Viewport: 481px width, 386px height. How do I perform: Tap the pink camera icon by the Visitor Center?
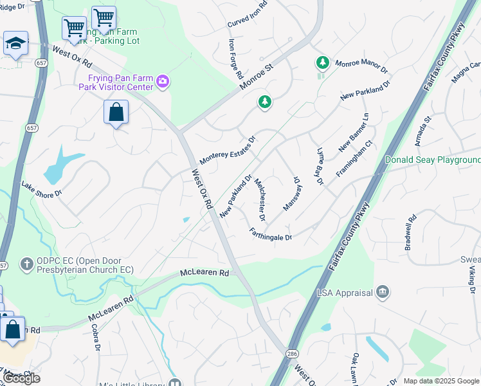click(163, 82)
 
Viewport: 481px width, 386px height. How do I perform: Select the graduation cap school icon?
click(15, 44)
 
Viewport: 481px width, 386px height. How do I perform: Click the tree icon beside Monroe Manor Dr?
click(322, 63)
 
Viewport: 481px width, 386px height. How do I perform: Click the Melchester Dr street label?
click(260, 196)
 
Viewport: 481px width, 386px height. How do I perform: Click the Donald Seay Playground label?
click(432, 160)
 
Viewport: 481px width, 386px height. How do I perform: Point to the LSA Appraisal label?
click(345, 293)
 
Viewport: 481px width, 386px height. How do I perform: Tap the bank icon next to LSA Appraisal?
click(383, 293)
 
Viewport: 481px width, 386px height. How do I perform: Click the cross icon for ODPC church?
click(26, 264)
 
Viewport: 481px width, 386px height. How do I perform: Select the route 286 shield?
click(293, 354)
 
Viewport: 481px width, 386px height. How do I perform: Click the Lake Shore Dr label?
click(41, 188)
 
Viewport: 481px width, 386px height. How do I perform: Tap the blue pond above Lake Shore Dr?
click(61, 166)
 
